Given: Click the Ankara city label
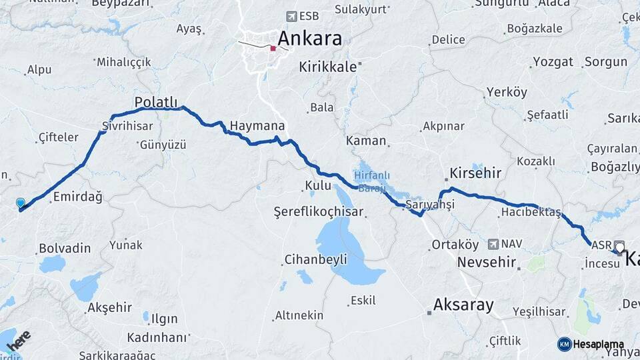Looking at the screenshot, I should [x=309, y=38].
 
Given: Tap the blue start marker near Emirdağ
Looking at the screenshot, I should [x=21, y=203].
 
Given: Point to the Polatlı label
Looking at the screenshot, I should [x=157, y=102].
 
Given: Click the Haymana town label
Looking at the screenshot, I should [x=257, y=125].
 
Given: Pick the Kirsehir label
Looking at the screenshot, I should [x=475, y=173].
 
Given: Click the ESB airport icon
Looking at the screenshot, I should [x=291, y=16].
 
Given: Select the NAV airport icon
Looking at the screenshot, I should [x=493, y=244].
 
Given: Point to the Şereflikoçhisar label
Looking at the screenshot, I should [x=319, y=212].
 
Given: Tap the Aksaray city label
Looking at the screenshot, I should [x=463, y=305].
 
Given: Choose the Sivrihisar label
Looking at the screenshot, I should [x=127, y=125].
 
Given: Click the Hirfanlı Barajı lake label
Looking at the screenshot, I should [x=370, y=181].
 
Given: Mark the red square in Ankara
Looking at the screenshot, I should [x=273, y=48].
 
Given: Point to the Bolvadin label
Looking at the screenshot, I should [x=65, y=248].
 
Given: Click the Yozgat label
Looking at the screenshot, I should [x=553, y=62].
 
